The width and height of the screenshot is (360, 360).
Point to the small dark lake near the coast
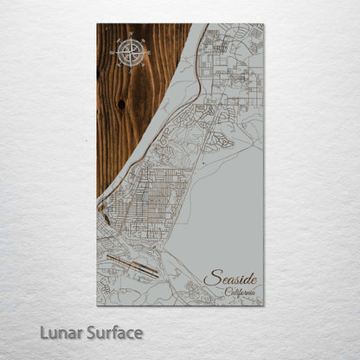[x=104, y=227]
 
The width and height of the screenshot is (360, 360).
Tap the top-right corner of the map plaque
[x=263, y=24]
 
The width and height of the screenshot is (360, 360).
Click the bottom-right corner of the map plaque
[x=263, y=305]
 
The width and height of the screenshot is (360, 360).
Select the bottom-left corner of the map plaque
[x=97, y=305]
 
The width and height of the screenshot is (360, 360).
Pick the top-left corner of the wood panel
[x=97, y=24]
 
